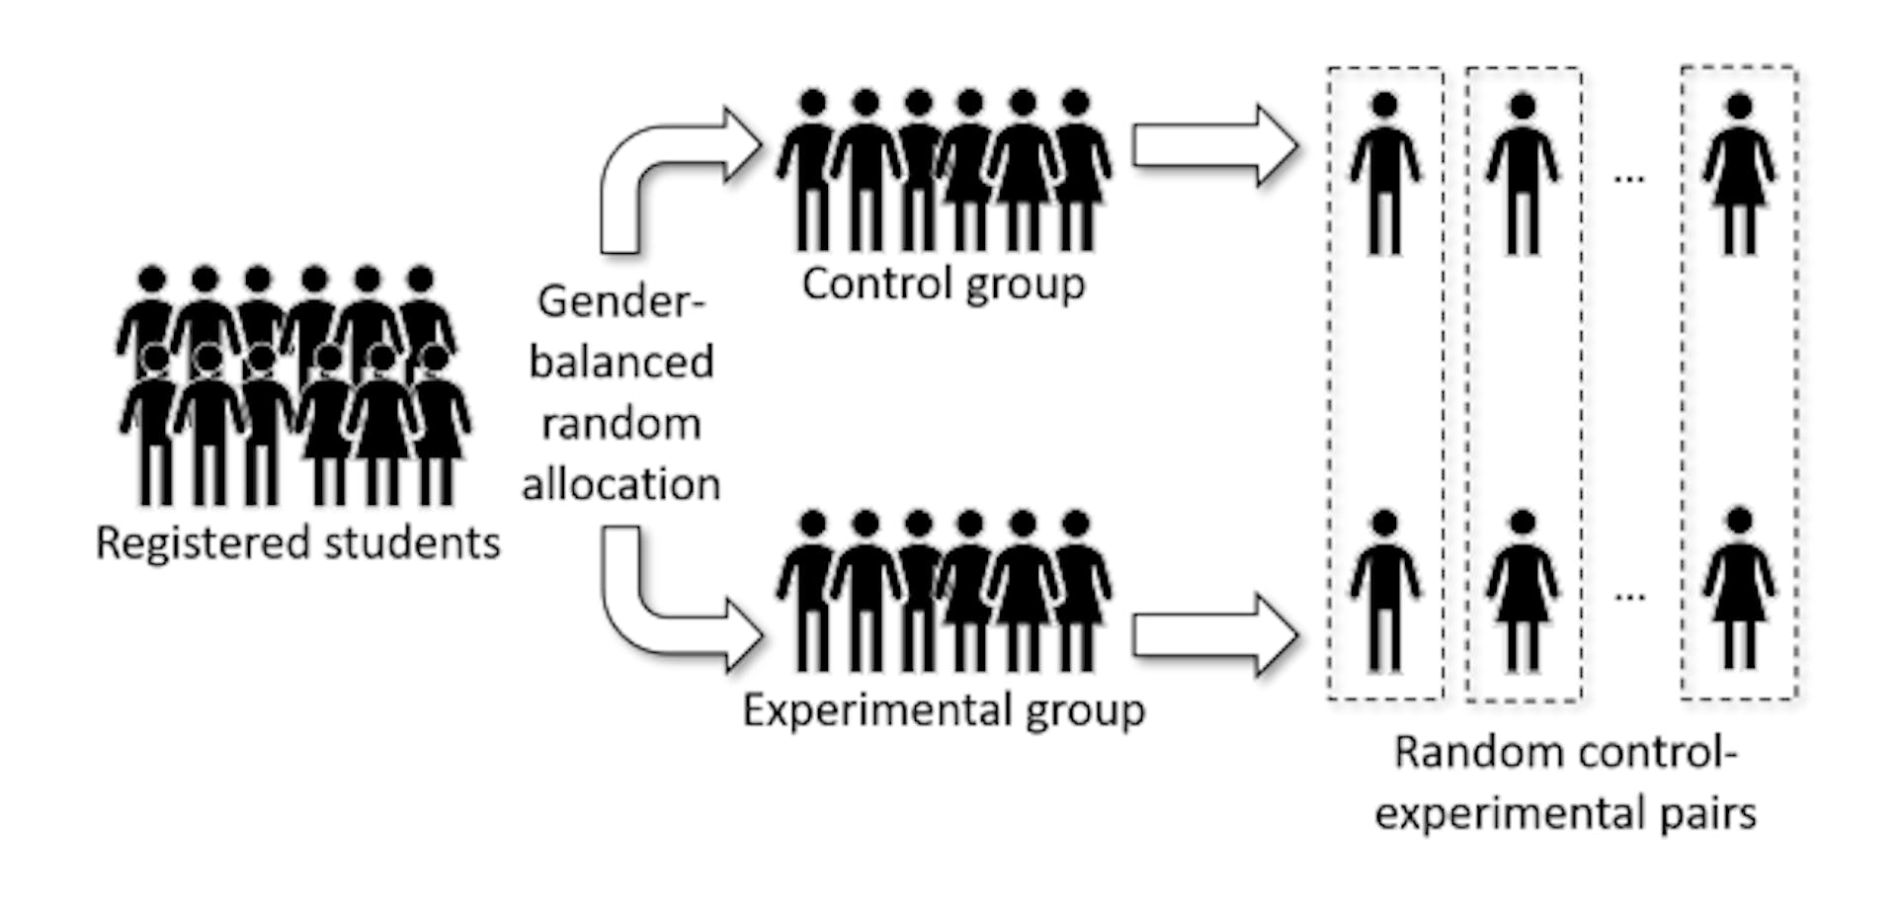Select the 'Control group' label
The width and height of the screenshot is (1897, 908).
(943, 285)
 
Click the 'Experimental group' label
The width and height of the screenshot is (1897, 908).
(943, 710)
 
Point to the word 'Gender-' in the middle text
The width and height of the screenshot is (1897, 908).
(620, 300)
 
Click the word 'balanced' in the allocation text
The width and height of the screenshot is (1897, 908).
(620, 362)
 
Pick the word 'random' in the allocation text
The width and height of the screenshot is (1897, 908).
(620, 424)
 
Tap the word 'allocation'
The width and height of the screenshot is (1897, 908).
(620, 485)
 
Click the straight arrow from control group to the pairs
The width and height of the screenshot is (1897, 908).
(1213, 146)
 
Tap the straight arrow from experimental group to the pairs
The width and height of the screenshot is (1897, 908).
(1213, 635)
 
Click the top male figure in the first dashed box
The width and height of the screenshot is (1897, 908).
(1385, 173)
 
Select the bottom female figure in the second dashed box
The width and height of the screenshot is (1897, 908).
(1523, 591)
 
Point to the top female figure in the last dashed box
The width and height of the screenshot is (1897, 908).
(1739, 173)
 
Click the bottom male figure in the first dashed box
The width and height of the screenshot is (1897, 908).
(1385, 591)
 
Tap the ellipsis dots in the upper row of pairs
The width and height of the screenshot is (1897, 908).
(1629, 179)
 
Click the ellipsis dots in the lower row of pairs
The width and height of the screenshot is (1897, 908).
(1629, 596)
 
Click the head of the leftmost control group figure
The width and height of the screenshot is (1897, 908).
(812, 103)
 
